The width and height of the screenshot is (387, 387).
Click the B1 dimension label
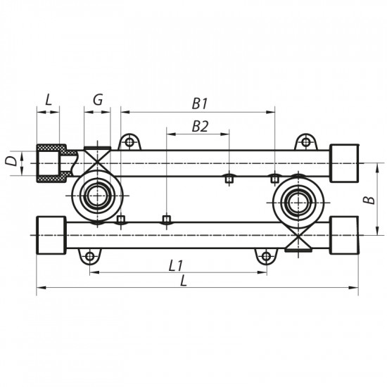click(200, 103)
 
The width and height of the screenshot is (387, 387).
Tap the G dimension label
click(98, 100)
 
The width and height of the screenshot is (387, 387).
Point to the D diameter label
click(10, 161)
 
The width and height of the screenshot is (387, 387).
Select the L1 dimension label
click(176, 265)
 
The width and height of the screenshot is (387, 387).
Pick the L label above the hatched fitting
click(48, 100)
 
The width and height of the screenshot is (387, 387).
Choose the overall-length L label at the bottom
click(184, 280)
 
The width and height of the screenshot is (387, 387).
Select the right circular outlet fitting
click(296, 202)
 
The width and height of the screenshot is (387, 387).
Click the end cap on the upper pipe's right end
click(344, 161)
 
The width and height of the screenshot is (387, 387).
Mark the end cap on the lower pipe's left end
click(51, 233)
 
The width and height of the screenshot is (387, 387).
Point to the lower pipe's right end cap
click(345, 233)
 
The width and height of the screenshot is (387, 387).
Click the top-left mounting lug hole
click(129, 143)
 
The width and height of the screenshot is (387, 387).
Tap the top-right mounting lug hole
click(305, 143)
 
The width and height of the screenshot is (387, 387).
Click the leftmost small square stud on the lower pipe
click(120, 220)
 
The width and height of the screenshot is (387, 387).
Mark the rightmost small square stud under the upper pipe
click(275, 179)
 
